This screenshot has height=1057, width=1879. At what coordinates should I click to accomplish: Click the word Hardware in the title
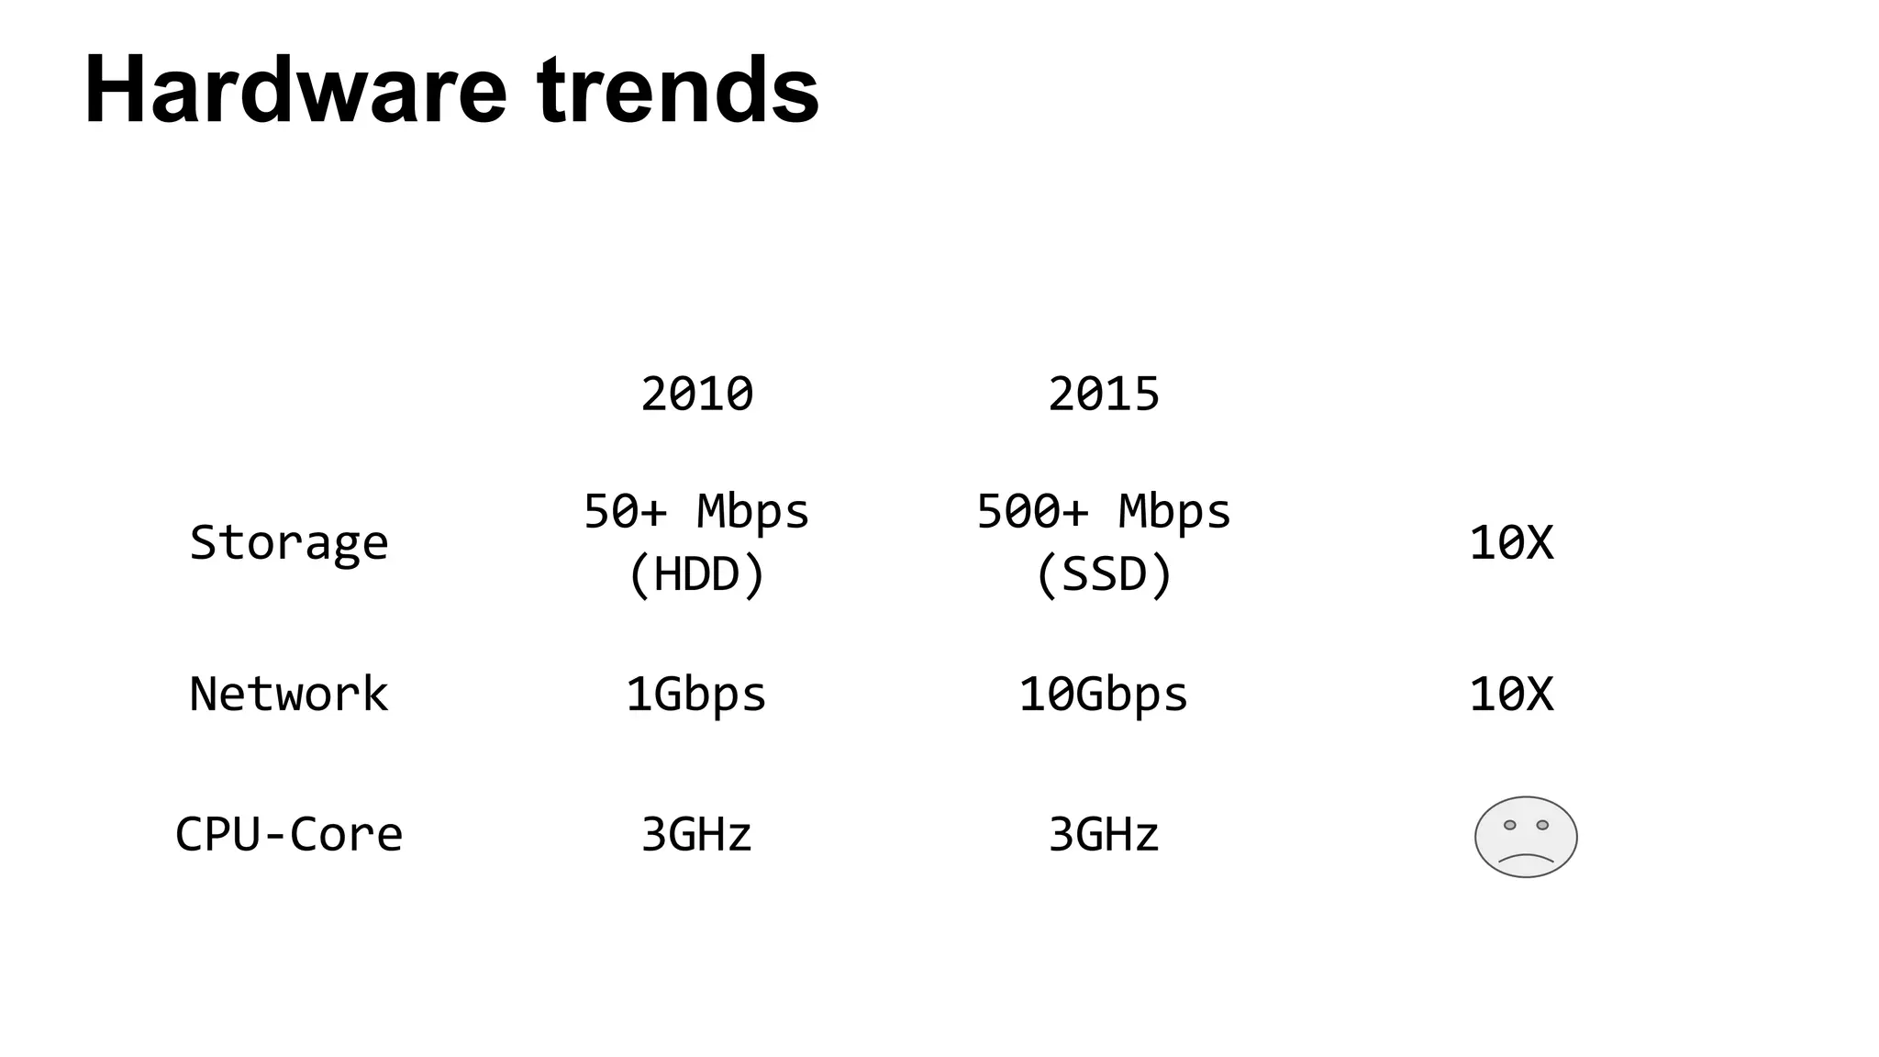(295, 90)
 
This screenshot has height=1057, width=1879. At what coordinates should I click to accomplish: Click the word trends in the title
(678, 90)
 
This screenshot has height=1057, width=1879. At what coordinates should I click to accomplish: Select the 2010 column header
(696, 395)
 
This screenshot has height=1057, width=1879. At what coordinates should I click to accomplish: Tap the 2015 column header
(1104, 395)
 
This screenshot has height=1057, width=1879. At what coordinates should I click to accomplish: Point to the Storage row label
(289, 542)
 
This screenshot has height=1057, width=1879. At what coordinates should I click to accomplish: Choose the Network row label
(289, 694)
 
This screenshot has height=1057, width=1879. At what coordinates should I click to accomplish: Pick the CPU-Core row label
(289, 834)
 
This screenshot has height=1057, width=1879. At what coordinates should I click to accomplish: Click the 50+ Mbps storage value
(696, 511)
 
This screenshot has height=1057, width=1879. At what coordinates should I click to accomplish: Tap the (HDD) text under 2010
(696, 575)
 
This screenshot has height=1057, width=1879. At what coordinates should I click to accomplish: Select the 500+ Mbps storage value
(1104, 511)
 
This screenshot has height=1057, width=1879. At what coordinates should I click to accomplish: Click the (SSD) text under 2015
(1104, 575)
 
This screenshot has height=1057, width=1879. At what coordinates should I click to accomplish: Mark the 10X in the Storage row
(1511, 542)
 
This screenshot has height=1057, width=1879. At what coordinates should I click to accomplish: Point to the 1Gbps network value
(696, 694)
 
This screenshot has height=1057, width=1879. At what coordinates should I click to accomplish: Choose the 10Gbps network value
(1104, 694)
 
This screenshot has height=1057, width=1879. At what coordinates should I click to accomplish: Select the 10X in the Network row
(1511, 694)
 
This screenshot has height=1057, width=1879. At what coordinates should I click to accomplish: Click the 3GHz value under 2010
(696, 834)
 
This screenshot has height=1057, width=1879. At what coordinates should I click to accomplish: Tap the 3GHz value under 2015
(1104, 834)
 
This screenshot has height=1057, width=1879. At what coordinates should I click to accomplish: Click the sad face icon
(1526, 837)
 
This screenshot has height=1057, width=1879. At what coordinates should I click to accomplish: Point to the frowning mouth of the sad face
(1526, 859)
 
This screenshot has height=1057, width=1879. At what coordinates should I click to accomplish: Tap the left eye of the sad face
(1509, 825)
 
